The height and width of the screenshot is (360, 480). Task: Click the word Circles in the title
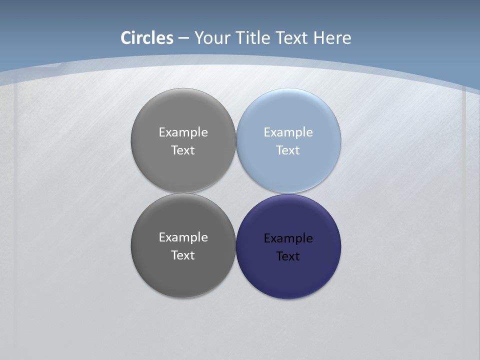coord(147,38)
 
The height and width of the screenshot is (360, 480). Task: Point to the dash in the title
coord(183,38)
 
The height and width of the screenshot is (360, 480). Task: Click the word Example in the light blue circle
coord(288,132)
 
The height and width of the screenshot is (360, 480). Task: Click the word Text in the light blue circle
coord(288,150)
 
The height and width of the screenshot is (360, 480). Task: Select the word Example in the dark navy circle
coord(288,238)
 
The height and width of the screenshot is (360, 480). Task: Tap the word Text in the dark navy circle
coord(288,256)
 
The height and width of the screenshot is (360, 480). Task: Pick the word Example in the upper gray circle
coord(183,132)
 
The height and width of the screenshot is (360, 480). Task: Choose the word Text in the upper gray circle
coord(183,150)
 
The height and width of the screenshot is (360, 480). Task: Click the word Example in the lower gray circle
coord(183,237)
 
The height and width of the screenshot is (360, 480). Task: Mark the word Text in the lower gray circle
coord(183,255)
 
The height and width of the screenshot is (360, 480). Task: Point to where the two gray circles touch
coord(183,193)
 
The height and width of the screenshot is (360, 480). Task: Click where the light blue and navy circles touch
coord(288,193)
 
